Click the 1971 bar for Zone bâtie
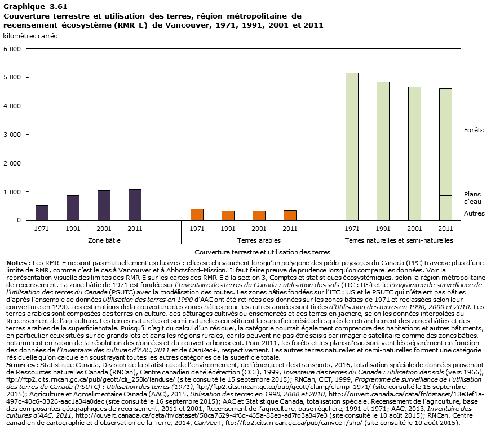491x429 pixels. pos(42,213)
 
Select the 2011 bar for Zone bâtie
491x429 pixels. pos(135,205)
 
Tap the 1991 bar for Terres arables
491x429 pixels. pos(228,216)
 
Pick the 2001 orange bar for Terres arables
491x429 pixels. pos(259,216)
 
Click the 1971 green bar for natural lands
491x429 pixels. pos(352,146)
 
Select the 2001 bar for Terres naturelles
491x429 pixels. pos(414,153)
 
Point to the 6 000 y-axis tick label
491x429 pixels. pos(12,49)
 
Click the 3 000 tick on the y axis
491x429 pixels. pos(12,135)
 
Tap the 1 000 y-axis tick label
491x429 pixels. pos(12,192)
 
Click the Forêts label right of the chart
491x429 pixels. pos(474,130)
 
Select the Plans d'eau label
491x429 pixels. pos(472,198)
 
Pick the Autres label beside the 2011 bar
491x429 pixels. pos(474,213)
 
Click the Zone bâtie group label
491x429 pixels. pos(89,240)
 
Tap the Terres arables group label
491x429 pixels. pos(244,240)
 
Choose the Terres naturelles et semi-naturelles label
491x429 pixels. pos(399,240)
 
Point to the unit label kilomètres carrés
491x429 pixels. pos(30,36)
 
